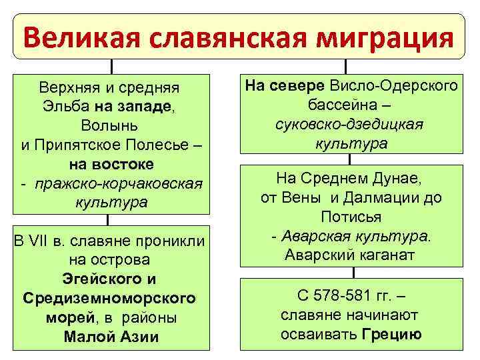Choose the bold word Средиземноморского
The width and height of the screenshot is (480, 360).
coord(110,297)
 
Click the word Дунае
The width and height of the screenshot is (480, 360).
coord(406,178)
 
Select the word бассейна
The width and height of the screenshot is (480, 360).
coord(341,105)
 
